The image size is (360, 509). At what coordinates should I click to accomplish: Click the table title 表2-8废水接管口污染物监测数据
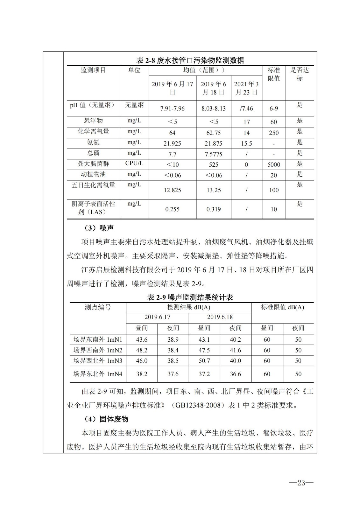[x=190, y=60]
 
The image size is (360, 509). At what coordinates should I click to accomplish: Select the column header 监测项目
[x=93, y=70]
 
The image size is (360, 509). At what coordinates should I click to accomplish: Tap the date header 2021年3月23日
[x=246, y=88]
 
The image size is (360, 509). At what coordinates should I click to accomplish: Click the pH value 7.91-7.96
[x=172, y=108]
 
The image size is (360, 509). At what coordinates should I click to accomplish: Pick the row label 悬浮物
[x=93, y=121]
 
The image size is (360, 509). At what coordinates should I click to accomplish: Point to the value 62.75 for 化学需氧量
[x=213, y=133]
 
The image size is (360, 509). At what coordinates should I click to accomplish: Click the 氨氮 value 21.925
[x=172, y=143]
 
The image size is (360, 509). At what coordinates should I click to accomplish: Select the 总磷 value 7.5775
[x=213, y=154]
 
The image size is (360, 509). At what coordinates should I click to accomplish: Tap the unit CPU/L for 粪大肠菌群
[x=134, y=164]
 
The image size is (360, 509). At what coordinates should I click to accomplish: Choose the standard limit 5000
[x=274, y=165]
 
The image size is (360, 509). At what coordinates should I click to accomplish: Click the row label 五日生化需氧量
[x=93, y=185]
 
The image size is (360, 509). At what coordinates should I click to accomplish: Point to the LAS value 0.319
[x=213, y=209]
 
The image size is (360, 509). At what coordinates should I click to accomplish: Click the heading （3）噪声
[x=99, y=228]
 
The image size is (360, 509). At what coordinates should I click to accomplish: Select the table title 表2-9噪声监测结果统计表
[x=190, y=297]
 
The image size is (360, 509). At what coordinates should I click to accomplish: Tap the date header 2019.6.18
[x=220, y=317]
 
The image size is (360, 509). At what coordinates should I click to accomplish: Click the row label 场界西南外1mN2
[x=98, y=350]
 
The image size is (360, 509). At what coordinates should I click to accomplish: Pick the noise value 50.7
[x=204, y=361]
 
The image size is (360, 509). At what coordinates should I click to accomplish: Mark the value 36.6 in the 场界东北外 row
[x=235, y=374]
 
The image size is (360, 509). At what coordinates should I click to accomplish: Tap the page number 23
[x=301, y=483]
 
